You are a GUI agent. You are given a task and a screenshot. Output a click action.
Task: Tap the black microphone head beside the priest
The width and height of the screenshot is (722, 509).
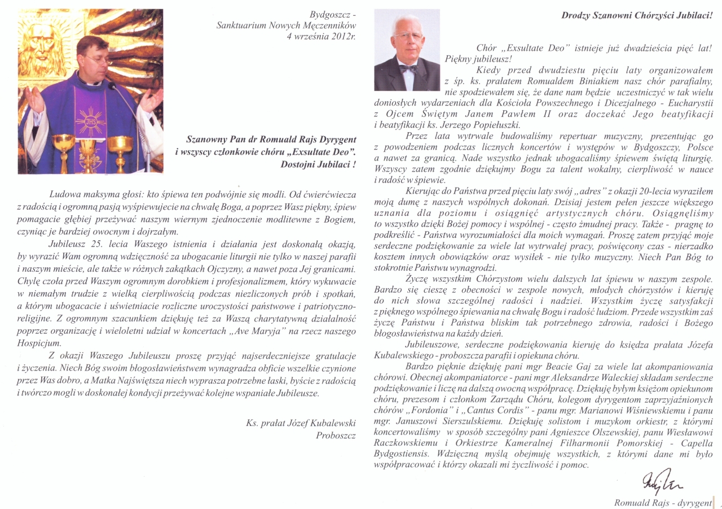point(111,86)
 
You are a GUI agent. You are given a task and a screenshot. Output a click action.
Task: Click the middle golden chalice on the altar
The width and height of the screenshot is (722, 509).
point(89,149)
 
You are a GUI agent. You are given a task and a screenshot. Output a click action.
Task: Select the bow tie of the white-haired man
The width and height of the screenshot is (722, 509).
point(408,68)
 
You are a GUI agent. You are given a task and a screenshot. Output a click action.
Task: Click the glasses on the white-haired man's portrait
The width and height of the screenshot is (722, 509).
point(409,36)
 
